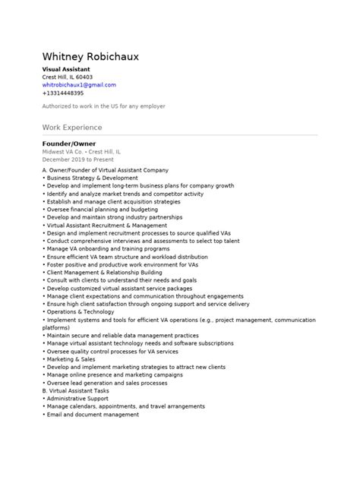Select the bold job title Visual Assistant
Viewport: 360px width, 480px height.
pos(66,69)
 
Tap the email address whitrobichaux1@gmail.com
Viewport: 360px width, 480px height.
pos(79,85)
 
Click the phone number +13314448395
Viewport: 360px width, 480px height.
pos(63,93)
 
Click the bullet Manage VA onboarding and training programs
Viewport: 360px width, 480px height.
pos(106,248)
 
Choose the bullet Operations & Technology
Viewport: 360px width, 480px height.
pos(80,311)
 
